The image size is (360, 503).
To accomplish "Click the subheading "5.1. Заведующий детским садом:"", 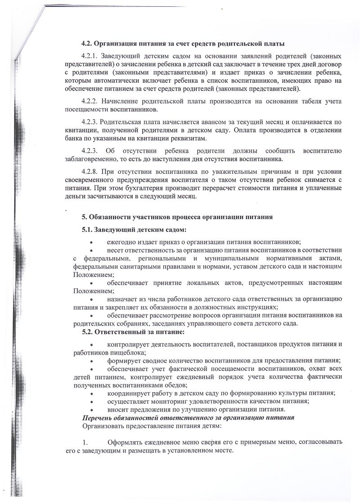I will (134, 230).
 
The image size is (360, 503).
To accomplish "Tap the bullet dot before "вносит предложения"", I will (91, 409).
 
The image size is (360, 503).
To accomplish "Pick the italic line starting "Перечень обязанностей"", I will (188, 417).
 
